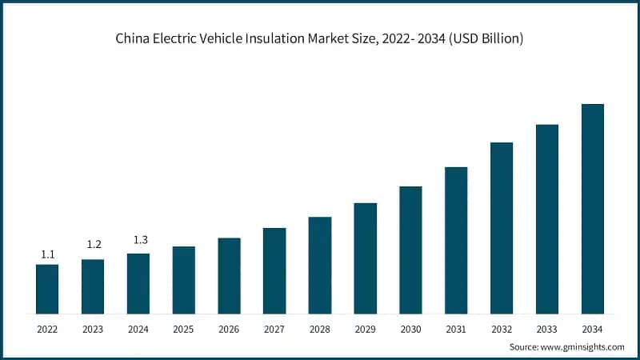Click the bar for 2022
click(x=47, y=289)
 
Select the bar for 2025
click(x=183, y=280)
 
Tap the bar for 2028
click(x=320, y=265)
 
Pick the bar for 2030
click(x=410, y=250)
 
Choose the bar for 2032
click(x=502, y=228)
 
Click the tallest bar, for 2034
click(x=592, y=209)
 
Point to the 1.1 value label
click(x=47, y=254)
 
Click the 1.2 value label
click(x=93, y=244)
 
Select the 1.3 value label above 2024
click(x=138, y=238)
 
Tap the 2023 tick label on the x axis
click(x=93, y=329)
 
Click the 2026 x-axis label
click(x=229, y=329)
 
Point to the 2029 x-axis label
click(x=365, y=329)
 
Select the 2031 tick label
click(x=456, y=329)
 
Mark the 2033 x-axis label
click(x=546, y=329)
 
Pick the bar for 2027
click(x=274, y=270)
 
